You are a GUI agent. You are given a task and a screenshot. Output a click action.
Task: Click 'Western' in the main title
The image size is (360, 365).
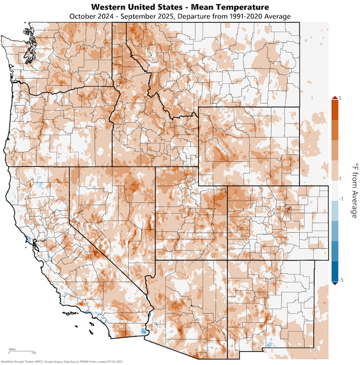[111, 7]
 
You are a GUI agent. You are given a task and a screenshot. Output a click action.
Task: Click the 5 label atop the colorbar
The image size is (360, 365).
[340, 98]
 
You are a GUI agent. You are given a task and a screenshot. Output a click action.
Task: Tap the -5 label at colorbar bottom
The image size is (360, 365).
[340, 281]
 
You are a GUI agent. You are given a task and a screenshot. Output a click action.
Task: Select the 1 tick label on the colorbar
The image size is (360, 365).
[340, 179]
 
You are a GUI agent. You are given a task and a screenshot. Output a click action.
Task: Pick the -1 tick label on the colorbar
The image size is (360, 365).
[340, 198]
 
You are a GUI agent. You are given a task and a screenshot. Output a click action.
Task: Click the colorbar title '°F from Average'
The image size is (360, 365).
[352, 189]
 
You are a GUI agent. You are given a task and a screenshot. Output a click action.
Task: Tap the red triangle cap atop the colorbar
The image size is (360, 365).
[334, 99]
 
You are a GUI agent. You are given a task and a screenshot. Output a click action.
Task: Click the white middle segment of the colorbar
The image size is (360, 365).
[334, 189]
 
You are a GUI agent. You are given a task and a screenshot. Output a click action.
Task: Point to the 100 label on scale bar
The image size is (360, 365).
[34, 353]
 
